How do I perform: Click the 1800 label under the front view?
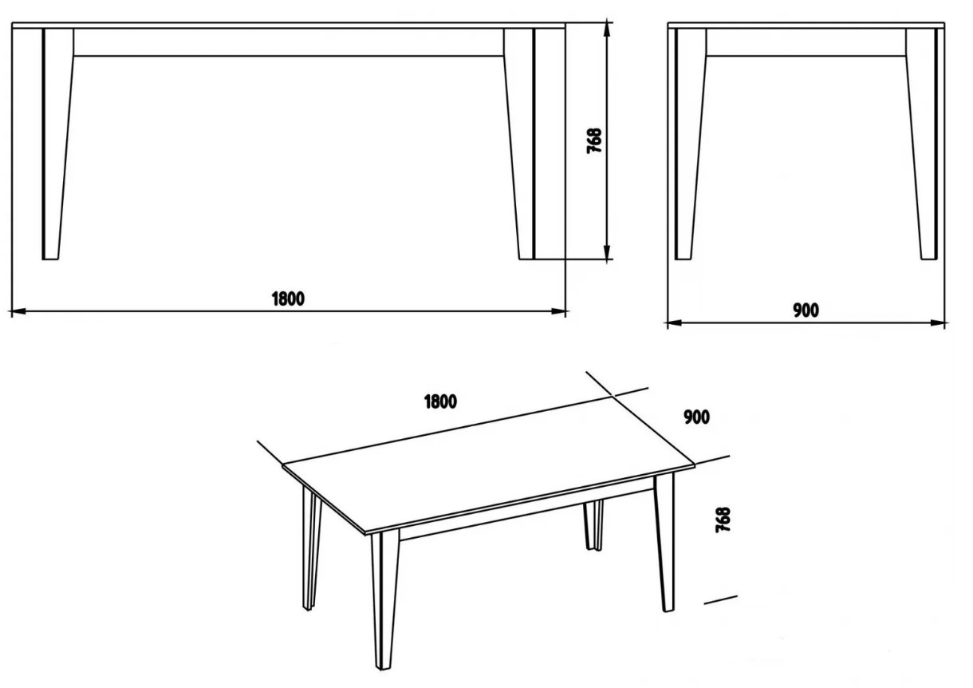click(288, 299)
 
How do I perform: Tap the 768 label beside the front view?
click(594, 140)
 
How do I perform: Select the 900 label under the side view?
click(806, 310)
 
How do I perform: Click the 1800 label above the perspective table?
click(440, 402)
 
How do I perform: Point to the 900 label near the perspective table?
click(697, 417)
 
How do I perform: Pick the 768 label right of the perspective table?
click(723, 520)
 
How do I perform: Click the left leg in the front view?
click(58, 144)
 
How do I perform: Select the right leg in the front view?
click(519, 144)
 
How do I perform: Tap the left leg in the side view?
click(691, 144)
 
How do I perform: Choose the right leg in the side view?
click(922, 144)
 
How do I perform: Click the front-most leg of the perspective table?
click(385, 599)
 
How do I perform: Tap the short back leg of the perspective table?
click(593, 526)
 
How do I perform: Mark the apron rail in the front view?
click(289, 42)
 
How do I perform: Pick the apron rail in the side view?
click(806, 42)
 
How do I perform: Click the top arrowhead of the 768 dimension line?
click(607, 30)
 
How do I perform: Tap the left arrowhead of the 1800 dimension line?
click(18, 311)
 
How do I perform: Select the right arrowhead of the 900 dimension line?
click(938, 322)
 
